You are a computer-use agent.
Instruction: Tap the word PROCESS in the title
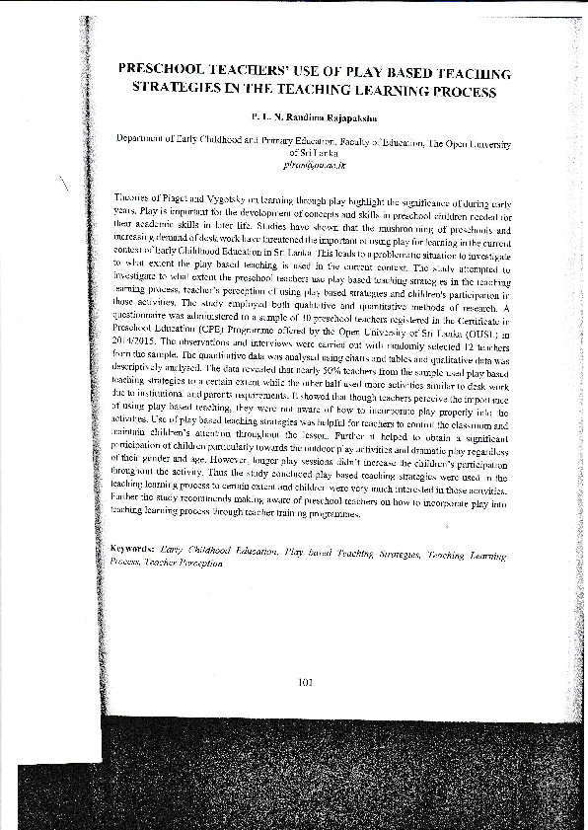(456, 93)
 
